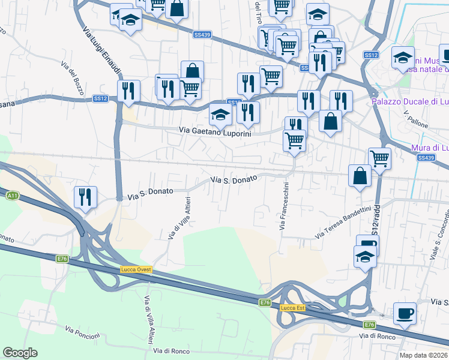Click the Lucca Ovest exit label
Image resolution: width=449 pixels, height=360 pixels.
tap(136, 269)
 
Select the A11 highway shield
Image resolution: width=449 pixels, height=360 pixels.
tap(12, 196)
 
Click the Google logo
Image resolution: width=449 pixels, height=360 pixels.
tap(20, 353)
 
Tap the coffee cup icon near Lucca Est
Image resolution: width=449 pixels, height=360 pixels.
tap(405, 313)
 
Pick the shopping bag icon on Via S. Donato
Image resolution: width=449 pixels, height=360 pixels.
tap(359, 176)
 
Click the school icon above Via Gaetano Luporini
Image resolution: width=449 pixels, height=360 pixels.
tap(220, 114)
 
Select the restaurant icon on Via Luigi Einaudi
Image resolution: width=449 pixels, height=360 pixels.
tap(128, 91)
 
